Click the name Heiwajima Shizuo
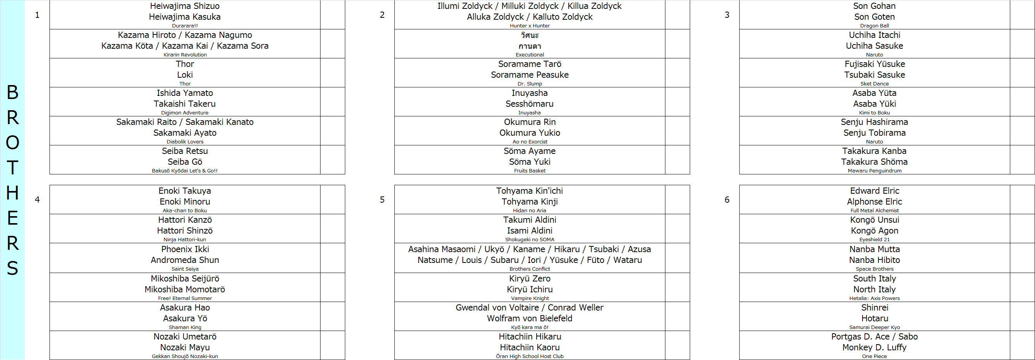tap(184, 6)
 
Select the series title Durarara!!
tap(184, 26)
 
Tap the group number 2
tap(382, 15)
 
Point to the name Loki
tap(185, 75)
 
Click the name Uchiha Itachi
tap(874, 35)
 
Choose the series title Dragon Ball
tap(874, 26)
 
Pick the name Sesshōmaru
tap(529, 104)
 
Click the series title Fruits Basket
tap(530, 171)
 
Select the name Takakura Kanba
tap(874, 151)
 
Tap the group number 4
tap(38, 200)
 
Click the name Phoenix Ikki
tap(185, 249)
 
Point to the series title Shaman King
tap(185, 328)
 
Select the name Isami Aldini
tap(530, 230)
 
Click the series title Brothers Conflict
tap(530, 269)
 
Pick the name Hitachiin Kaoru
tap(530, 347)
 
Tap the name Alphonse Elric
tap(874, 202)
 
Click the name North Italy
tap(874, 289)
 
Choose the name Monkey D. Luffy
tap(874, 347)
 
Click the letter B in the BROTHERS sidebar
tap(12, 92)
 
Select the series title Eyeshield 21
tap(874, 240)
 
